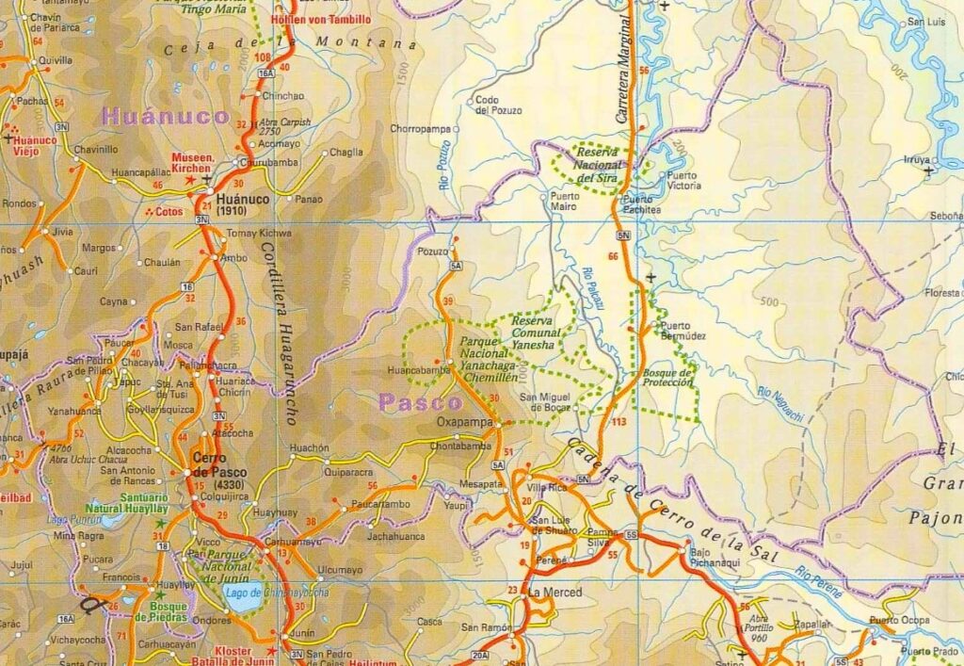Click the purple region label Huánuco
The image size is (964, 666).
166,117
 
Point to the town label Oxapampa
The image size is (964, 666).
464,423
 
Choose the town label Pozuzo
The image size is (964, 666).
432,252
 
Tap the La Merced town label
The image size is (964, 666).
554,593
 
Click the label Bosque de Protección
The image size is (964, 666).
668,378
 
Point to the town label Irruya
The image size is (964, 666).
915,160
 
